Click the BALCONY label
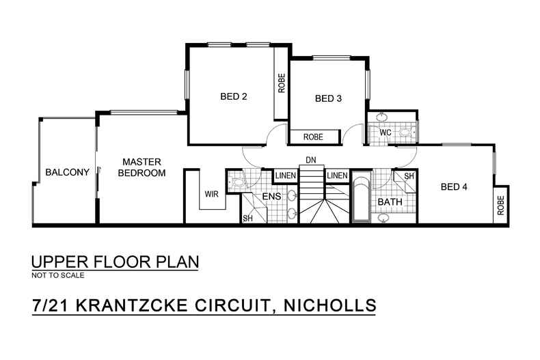[68, 172]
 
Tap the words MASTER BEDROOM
[141, 167]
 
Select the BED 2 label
[233, 96]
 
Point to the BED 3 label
[328, 98]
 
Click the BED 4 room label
[454, 186]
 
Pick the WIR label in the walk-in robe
[211, 194]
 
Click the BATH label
[390, 202]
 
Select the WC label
[385, 133]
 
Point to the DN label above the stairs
[311, 160]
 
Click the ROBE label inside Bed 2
[281, 83]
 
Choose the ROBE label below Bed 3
[313, 137]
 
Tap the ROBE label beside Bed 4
[501, 206]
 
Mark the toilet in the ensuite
[238, 182]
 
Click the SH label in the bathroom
[409, 176]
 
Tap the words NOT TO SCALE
[58, 276]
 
